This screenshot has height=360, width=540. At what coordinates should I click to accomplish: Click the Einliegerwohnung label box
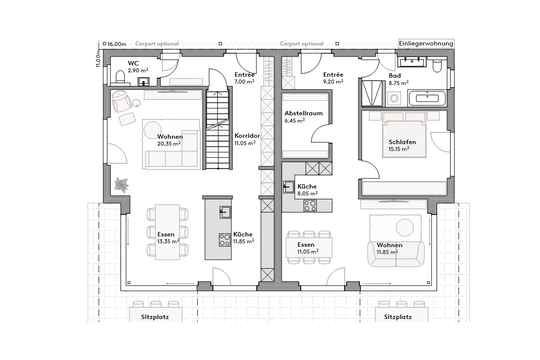click(426, 43)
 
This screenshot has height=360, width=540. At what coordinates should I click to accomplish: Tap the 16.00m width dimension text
click(117, 44)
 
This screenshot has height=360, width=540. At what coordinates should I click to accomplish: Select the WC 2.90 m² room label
click(138, 67)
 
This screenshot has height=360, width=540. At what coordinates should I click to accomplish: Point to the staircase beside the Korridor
click(217, 129)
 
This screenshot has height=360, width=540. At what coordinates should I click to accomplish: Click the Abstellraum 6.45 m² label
click(303, 117)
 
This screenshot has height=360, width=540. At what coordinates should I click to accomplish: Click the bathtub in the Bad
click(427, 98)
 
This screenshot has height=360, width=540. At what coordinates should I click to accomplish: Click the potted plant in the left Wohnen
click(122, 185)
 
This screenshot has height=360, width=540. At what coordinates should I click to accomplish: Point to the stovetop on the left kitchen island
click(225, 239)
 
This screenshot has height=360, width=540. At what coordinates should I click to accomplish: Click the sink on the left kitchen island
click(225, 212)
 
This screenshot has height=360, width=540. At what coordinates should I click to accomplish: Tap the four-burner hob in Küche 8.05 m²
click(310, 206)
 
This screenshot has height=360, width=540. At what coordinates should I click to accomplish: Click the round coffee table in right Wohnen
click(405, 227)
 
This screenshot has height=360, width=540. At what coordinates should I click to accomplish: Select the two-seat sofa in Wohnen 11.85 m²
click(395, 254)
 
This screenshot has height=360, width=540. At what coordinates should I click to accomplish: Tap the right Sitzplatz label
click(397, 317)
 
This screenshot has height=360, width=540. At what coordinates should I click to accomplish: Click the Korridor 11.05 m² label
click(247, 139)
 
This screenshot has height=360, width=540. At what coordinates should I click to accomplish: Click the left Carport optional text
click(157, 44)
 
